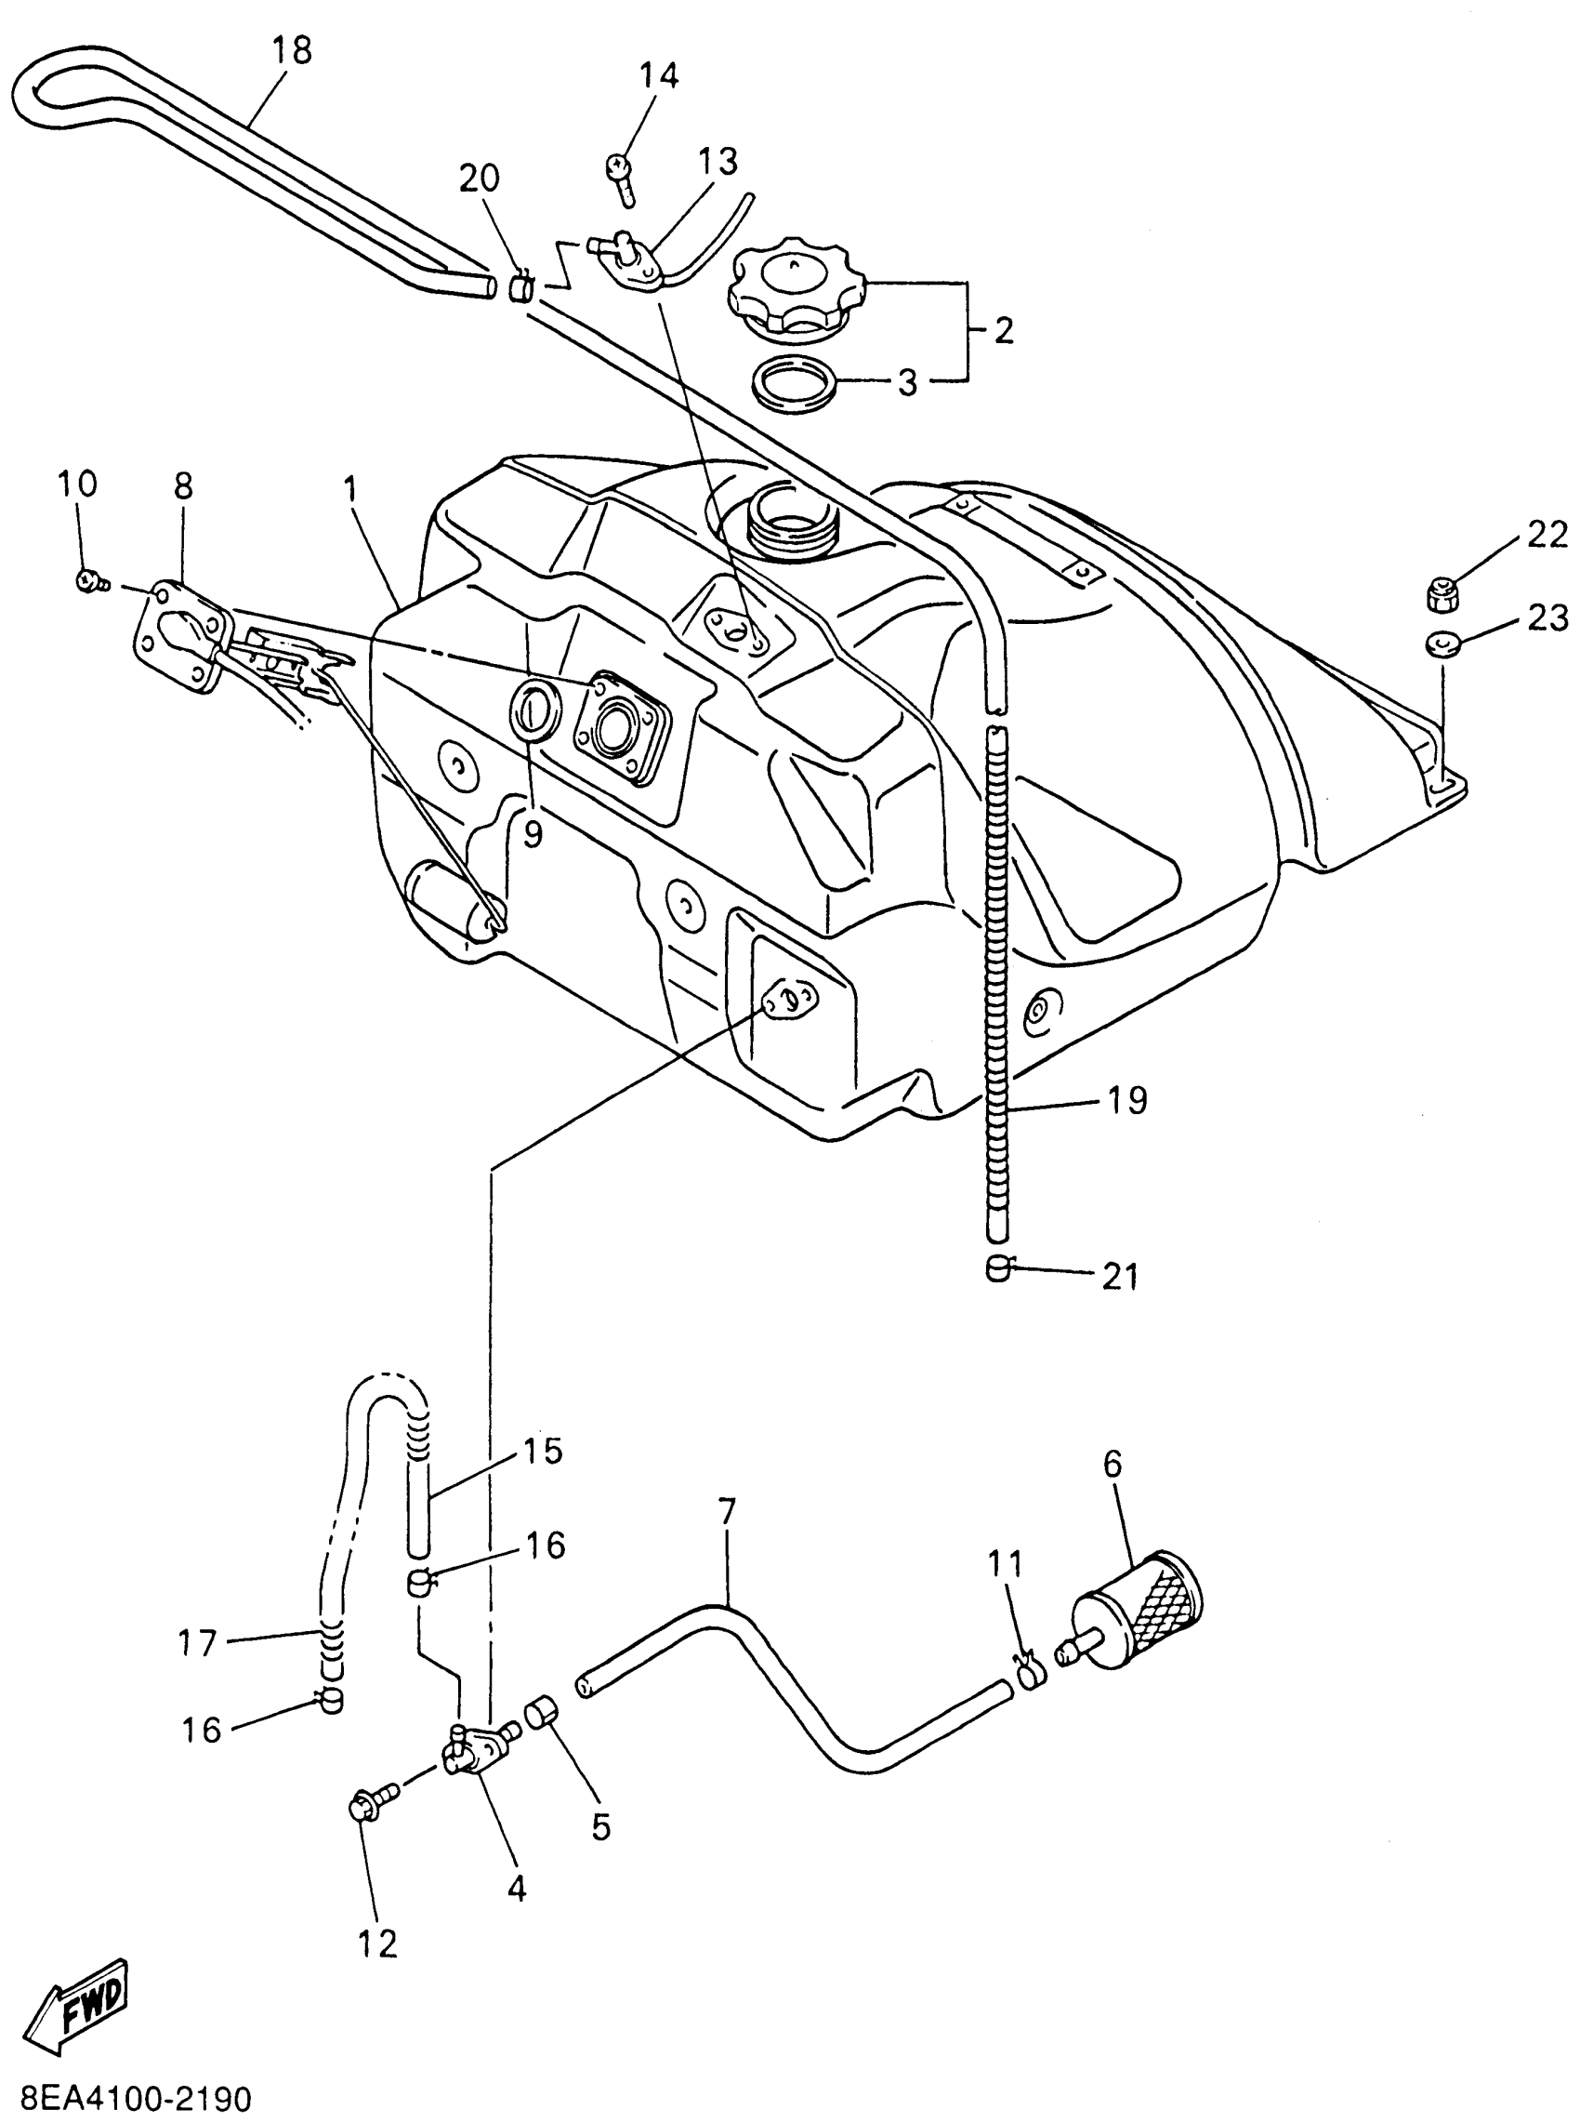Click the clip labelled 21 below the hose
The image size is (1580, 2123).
(x=997, y=1268)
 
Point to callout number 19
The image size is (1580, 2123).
(x=1127, y=1100)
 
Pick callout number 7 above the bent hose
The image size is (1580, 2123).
(x=727, y=1511)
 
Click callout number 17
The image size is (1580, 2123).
(x=199, y=1643)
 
